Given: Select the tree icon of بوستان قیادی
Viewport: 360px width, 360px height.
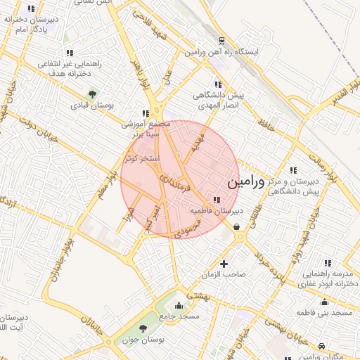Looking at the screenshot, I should pyautogui.click(x=92, y=94).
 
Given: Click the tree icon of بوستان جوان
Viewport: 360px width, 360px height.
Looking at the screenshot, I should pyautogui.click(x=143, y=328).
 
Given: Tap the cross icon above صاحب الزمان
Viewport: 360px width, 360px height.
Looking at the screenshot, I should pyautogui.click(x=224, y=264).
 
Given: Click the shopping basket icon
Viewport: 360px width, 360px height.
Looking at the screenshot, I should pyautogui.click(x=236, y=226).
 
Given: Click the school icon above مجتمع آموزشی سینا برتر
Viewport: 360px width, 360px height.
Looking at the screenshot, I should pyautogui.click(x=145, y=112).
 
